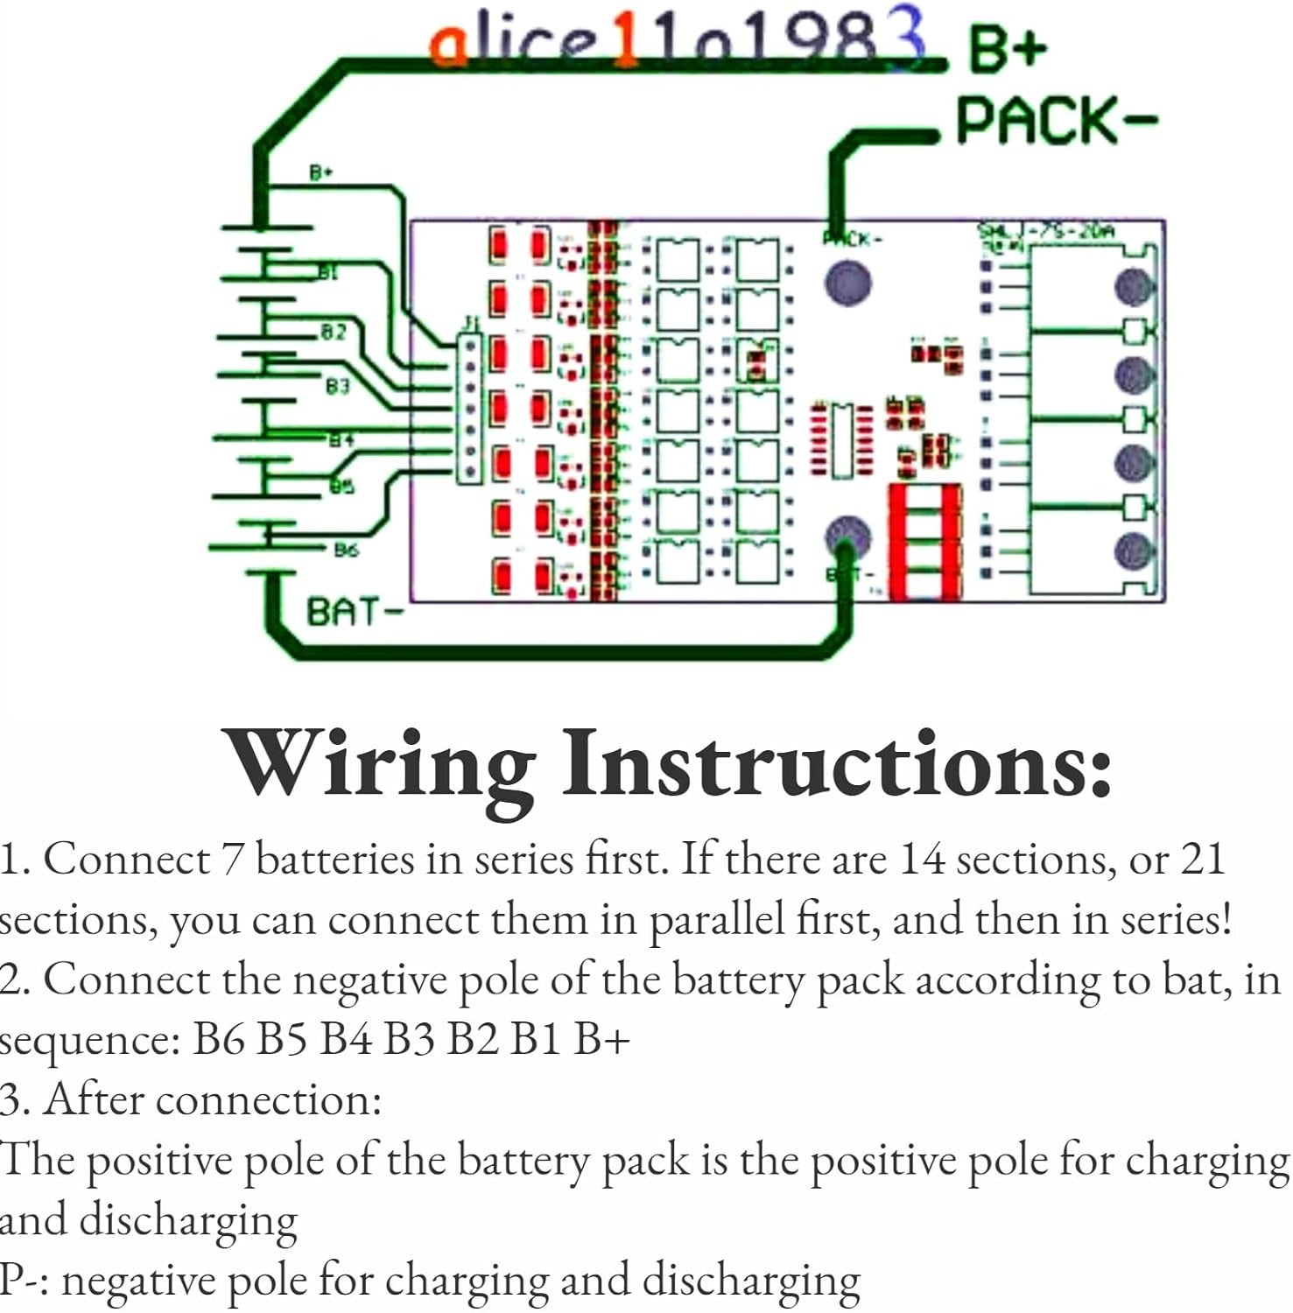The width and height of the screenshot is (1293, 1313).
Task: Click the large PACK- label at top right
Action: coord(1056,121)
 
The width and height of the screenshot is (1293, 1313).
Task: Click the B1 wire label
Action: coord(327,273)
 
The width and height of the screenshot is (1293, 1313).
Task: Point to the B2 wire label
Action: coord(334,332)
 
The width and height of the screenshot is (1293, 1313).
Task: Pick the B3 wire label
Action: coord(337,385)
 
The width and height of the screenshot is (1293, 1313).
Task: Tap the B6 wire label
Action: coord(346,550)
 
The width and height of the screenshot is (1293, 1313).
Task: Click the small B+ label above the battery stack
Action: coord(321,172)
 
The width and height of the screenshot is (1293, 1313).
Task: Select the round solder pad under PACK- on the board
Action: coord(847,283)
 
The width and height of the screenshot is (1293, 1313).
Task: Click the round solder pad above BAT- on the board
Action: coord(847,536)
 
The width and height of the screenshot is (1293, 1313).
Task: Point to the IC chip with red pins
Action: coord(841,440)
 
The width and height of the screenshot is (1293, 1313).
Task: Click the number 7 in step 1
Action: coord(231,859)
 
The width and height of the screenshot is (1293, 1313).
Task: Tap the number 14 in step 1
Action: coord(922,859)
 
